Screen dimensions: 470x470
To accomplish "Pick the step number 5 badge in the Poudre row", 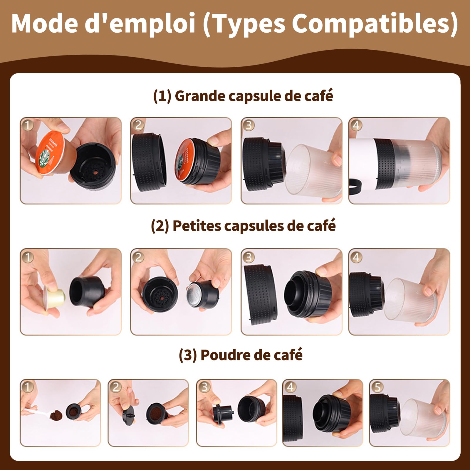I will click(377, 387).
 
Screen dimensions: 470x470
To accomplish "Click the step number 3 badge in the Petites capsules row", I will click(249, 257).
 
